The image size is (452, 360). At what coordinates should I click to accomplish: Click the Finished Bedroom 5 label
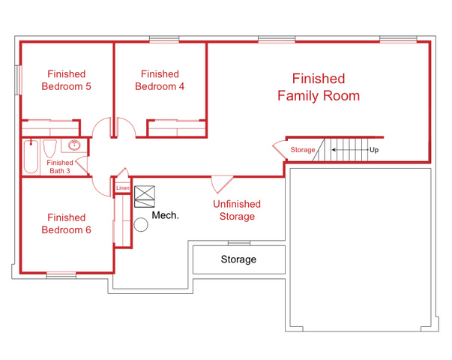coord(66,80)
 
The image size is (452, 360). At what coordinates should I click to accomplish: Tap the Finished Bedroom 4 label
coord(160,80)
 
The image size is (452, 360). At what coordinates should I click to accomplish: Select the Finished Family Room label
coord(319,87)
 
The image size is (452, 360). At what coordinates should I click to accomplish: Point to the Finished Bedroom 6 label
coord(66,223)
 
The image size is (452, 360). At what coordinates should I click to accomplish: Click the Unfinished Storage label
coord(237,210)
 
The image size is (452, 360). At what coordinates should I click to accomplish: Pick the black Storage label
coord(238,259)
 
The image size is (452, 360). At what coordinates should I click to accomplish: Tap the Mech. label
coord(165,215)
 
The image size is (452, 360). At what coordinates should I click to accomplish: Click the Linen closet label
coord(123,188)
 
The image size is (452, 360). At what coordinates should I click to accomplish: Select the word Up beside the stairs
coord(374,150)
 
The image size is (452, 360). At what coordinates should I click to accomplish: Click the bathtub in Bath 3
coord(31,157)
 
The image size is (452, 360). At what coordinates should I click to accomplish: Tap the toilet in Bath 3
coord(50,148)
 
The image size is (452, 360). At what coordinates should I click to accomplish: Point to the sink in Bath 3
coord(74,145)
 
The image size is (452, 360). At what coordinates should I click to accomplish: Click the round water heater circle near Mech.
coord(141,225)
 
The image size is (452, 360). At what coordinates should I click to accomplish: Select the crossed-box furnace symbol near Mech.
coord(145,196)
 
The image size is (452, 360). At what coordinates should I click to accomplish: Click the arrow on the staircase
coord(350,150)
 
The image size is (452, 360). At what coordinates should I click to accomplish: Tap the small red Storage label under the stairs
coord(303,150)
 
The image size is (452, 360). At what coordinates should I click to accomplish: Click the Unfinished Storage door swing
coord(221,184)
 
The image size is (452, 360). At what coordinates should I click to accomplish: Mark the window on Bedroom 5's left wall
coord(19,80)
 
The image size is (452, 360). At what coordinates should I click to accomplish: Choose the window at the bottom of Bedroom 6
coord(61,275)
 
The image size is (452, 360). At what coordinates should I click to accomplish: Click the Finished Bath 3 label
coord(60,166)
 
